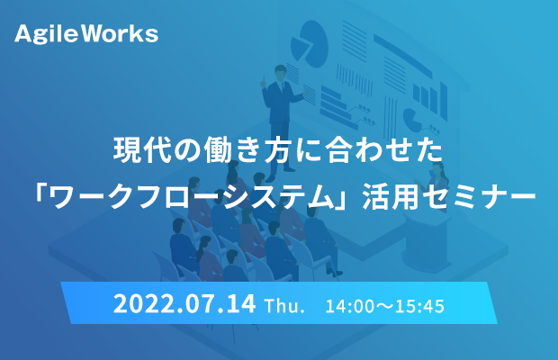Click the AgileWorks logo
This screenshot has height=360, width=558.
[86, 34]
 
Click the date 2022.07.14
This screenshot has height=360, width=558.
[184, 304]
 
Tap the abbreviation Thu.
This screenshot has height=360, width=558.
[284, 306]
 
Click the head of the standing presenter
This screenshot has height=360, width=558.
[280, 72]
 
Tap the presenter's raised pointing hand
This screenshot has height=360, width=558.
[263, 82]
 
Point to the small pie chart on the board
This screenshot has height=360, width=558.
[412, 120]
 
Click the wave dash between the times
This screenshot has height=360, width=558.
[384, 306]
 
